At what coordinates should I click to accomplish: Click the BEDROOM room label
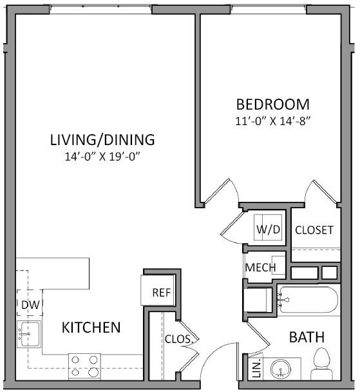click(x=272, y=104)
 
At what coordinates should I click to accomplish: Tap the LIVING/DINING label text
click(x=102, y=139)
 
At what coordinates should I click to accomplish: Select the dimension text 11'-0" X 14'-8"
click(x=272, y=121)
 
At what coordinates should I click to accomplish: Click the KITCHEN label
click(x=91, y=328)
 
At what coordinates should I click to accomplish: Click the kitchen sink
click(x=29, y=333)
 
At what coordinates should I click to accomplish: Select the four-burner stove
click(x=84, y=366)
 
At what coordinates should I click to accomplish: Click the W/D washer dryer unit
click(x=269, y=229)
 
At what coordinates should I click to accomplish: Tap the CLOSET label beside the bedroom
click(x=314, y=230)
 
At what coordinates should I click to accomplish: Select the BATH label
click(x=306, y=337)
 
